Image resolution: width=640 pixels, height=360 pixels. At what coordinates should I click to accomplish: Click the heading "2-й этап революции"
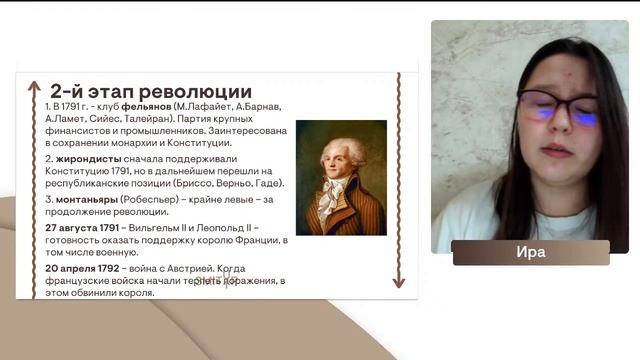(x=150, y=90)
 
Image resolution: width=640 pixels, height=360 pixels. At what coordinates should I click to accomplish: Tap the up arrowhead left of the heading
(x=34, y=87)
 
